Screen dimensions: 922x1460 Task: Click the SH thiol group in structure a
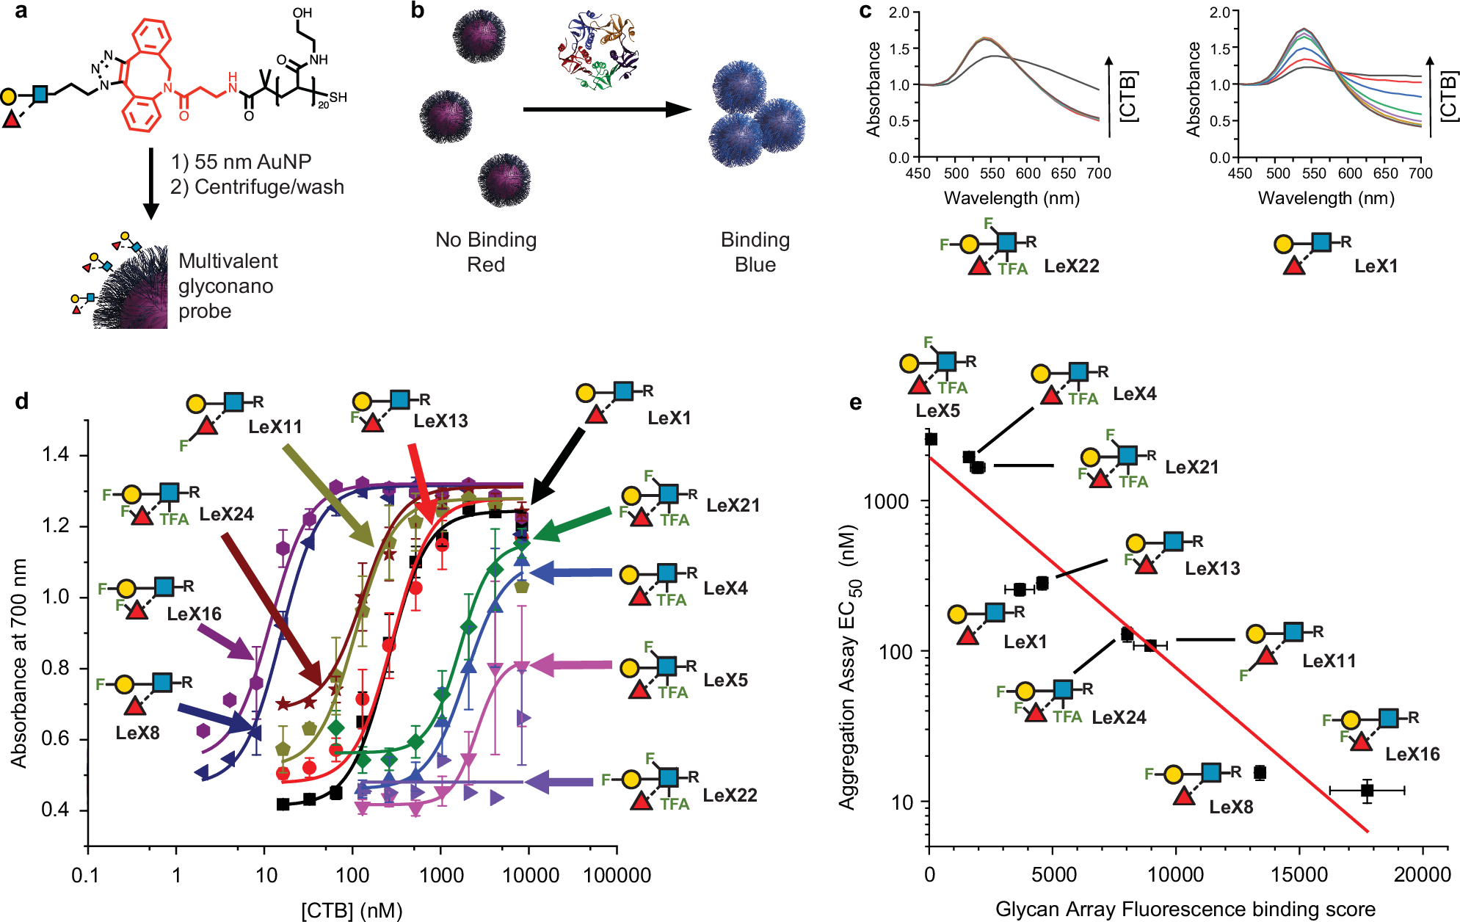click(x=338, y=97)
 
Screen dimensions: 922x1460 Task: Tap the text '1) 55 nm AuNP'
click(x=241, y=161)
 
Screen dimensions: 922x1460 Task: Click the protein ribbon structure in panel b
click(x=598, y=50)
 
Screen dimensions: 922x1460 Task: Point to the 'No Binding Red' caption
click(x=486, y=252)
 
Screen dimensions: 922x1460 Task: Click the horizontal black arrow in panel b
click(x=606, y=110)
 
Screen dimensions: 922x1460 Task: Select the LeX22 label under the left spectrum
click(x=1072, y=266)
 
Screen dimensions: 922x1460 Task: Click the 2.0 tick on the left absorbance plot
click(x=899, y=12)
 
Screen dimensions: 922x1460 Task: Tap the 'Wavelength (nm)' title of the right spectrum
click(x=1326, y=198)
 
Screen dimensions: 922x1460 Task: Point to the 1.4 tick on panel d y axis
click(x=56, y=455)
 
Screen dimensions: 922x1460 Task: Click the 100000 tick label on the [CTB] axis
click(x=617, y=875)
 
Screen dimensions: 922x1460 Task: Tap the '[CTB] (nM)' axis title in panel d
click(x=352, y=910)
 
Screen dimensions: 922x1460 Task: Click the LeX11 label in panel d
click(x=275, y=426)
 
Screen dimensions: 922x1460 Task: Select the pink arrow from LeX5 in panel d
click(x=573, y=666)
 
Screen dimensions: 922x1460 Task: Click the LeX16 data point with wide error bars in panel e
click(x=1367, y=790)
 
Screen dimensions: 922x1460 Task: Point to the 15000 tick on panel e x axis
click(x=1299, y=875)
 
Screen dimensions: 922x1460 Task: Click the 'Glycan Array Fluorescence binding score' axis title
click(x=1185, y=910)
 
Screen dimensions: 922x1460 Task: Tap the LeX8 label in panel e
click(x=1231, y=807)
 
